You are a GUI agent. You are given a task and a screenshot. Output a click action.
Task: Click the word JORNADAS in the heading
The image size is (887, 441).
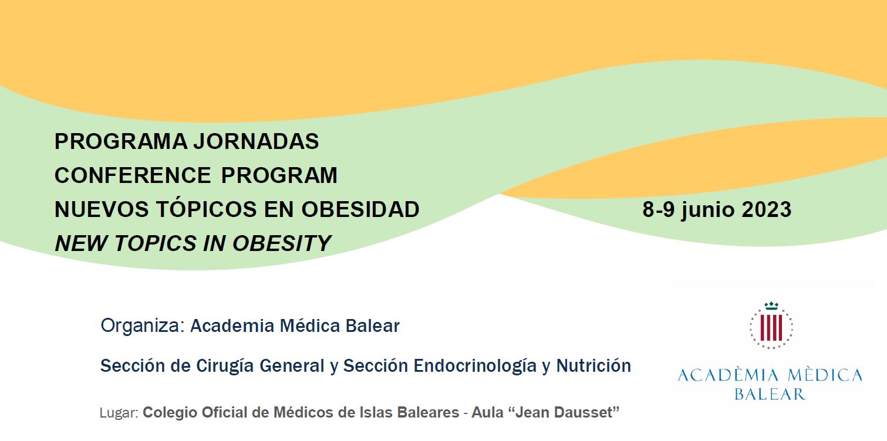pos(256,141)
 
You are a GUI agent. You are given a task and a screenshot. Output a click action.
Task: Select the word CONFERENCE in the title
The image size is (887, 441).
pos(133,175)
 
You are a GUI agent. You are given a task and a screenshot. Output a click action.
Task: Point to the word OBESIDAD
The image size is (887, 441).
pos(360,209)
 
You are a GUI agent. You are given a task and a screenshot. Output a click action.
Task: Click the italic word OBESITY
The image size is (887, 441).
pos(282,243)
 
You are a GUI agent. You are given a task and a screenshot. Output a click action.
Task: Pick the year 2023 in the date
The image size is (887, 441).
pos(767,209)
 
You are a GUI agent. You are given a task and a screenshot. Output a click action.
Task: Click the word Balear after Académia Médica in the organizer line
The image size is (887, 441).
pos(372,326)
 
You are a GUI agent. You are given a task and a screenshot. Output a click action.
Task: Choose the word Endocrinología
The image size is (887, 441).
pos(475,366)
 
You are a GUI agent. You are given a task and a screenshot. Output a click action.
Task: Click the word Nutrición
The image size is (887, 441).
pos(593,365)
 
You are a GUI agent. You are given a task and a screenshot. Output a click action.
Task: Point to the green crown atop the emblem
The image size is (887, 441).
pos(771,306)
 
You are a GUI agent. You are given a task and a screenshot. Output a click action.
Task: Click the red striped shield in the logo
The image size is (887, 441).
pos(771,327)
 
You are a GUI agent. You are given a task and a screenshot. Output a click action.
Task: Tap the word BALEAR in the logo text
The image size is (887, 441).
pos(770,394)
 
